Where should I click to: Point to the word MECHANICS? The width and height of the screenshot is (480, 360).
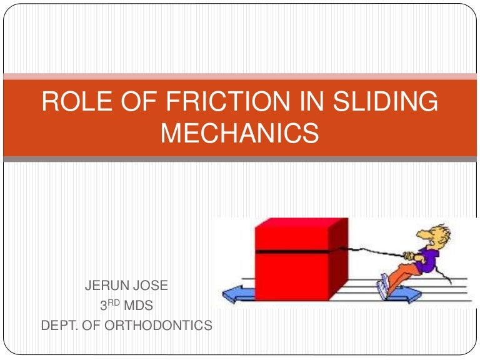pyautogui.click(x=240, y=133)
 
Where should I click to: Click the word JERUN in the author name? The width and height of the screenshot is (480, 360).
pyautogui.click(x=106, y=287)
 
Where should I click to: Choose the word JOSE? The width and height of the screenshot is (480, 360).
pyautogui.click(x=152, y=287)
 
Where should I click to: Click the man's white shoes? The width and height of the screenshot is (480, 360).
pyautogui.click(x=382, y=287)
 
